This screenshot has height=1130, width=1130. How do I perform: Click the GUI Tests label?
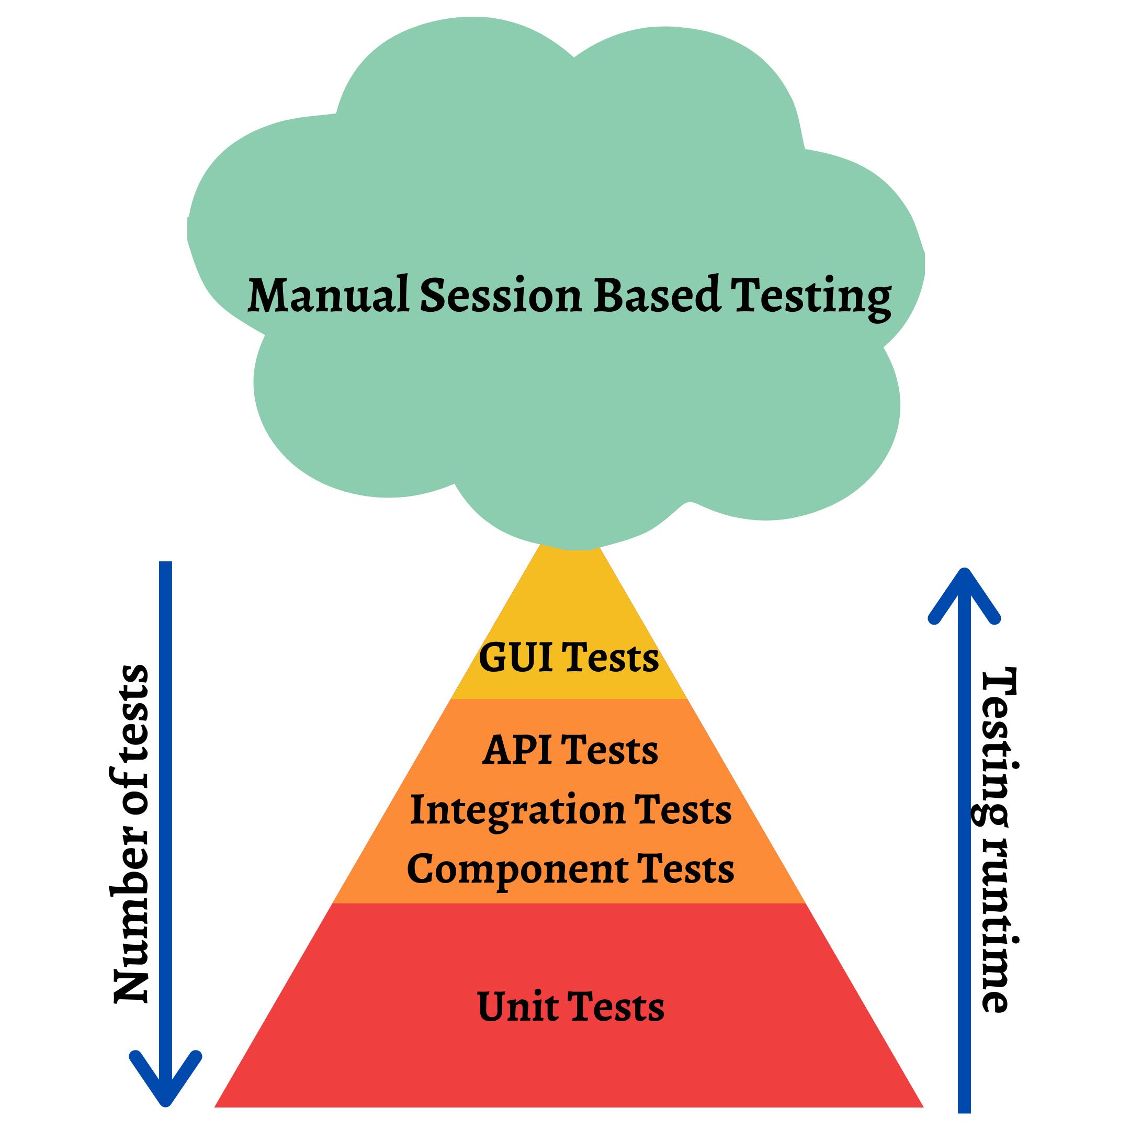[x=569, y=658]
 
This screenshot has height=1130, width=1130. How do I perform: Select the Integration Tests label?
[x=571, y=811]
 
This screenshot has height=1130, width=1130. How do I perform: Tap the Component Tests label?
[x=570, y=869]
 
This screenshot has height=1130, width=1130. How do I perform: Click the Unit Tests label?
[x=571, y=1007]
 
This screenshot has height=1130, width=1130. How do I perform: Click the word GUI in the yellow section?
[x=515, y=658]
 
